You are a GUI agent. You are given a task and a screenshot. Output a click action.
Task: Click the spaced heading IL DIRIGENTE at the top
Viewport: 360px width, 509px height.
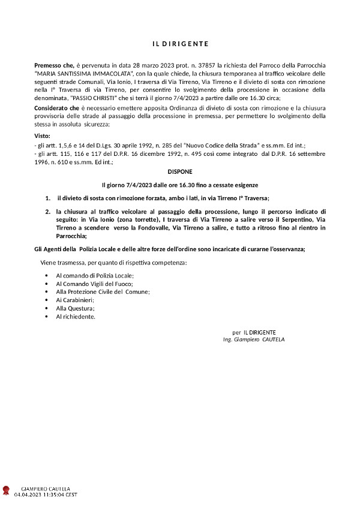tap(179, 44)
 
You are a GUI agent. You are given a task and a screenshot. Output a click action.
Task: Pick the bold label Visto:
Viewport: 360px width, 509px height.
tap(43, 136)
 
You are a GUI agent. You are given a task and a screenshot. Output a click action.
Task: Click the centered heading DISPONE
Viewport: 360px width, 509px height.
tap(180, 171)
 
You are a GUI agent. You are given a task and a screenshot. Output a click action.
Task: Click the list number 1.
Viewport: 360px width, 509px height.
tap(47, 197)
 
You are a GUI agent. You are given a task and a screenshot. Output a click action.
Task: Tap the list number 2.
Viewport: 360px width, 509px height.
tap(47, 212)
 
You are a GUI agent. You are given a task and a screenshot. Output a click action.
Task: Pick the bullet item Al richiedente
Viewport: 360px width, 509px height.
tap(76, 316)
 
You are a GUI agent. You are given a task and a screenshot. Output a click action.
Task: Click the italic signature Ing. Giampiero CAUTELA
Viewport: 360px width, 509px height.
tap(254, 339)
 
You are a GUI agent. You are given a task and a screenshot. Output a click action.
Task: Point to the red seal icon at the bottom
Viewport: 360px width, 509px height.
tap(7, 492)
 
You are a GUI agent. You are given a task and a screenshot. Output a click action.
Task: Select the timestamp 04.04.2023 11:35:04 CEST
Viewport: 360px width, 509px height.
tap(46, 495)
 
